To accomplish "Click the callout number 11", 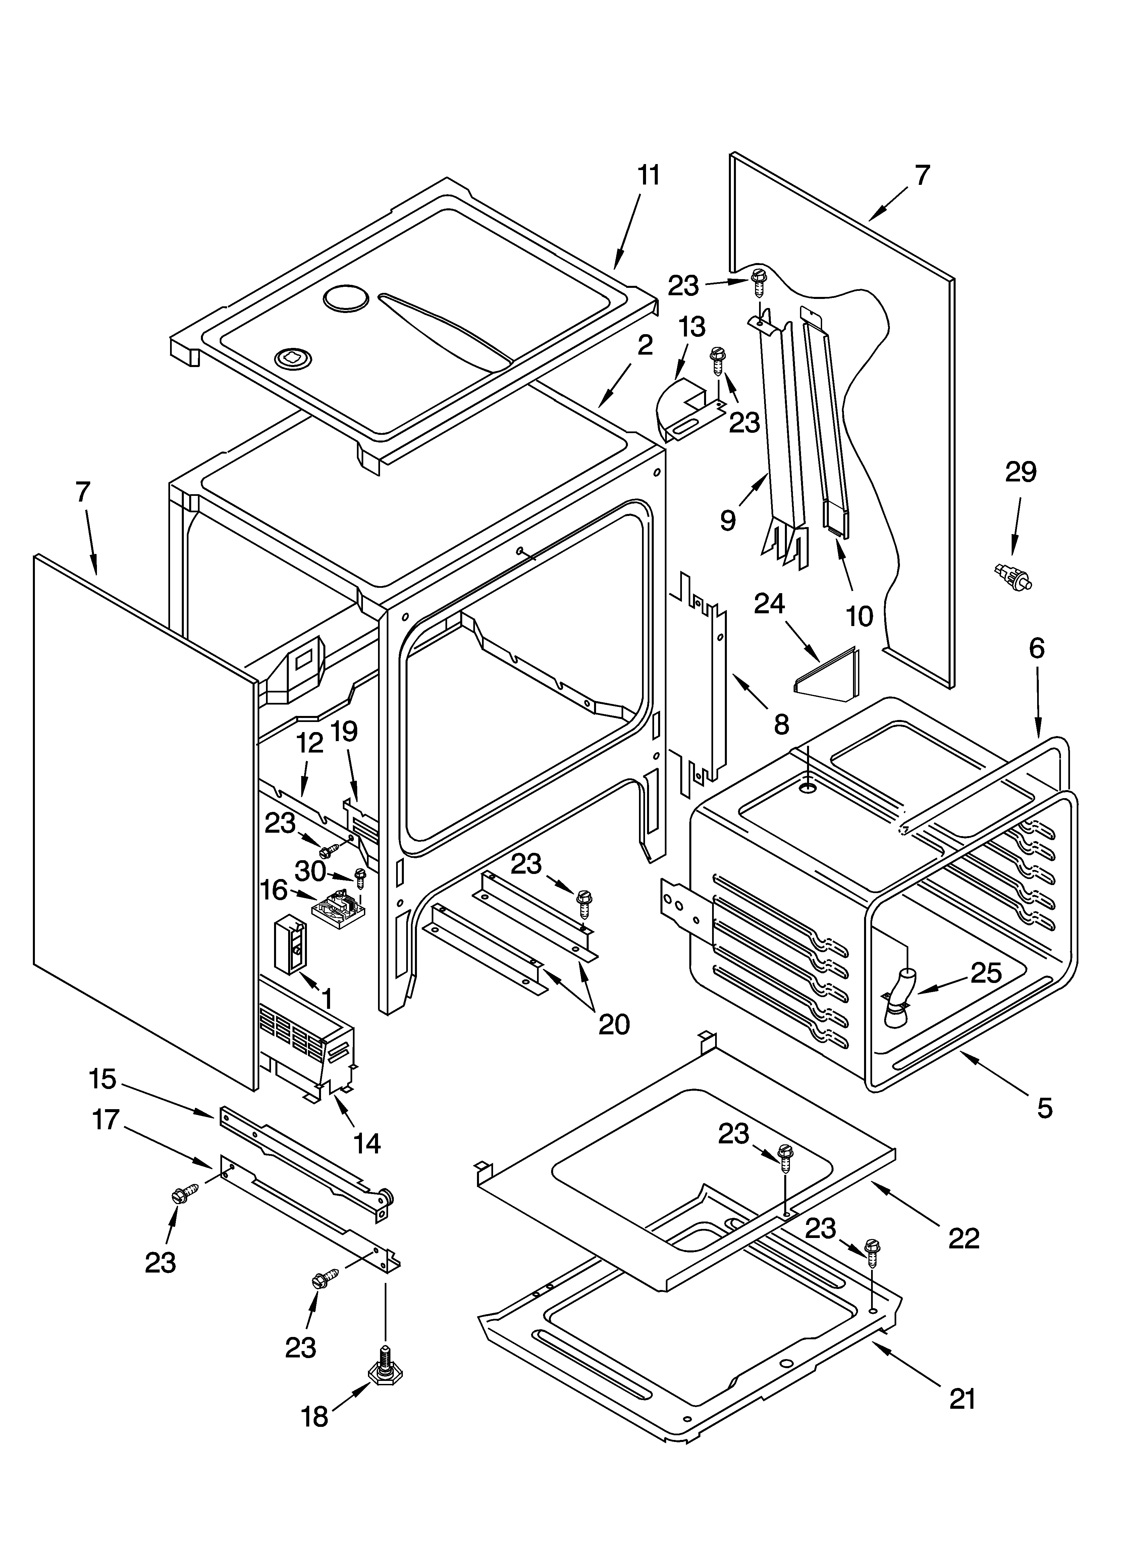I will coord(648,176).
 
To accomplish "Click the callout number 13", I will coord(692,327).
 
